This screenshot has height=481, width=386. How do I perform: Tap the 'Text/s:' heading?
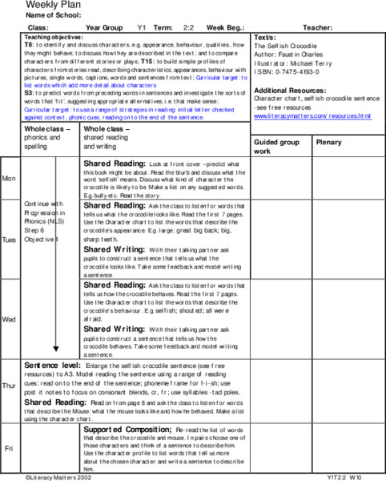tap(265, 38)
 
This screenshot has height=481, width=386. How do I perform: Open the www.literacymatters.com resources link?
tap(312, 115)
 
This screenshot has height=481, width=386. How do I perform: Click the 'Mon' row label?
tap(9, 179)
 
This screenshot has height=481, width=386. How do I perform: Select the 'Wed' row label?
tap(9, 319)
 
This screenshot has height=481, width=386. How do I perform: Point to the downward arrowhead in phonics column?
tap(54, 349)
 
